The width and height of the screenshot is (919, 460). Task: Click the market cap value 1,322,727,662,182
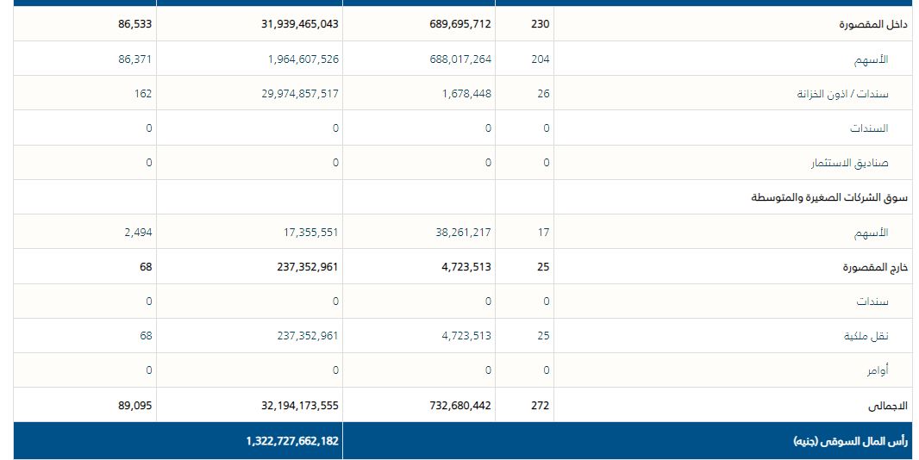(292, 440)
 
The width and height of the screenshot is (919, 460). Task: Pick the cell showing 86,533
(135, 24)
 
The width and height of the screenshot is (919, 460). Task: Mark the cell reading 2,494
(139, 232)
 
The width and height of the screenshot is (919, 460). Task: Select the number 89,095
(135, 405)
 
